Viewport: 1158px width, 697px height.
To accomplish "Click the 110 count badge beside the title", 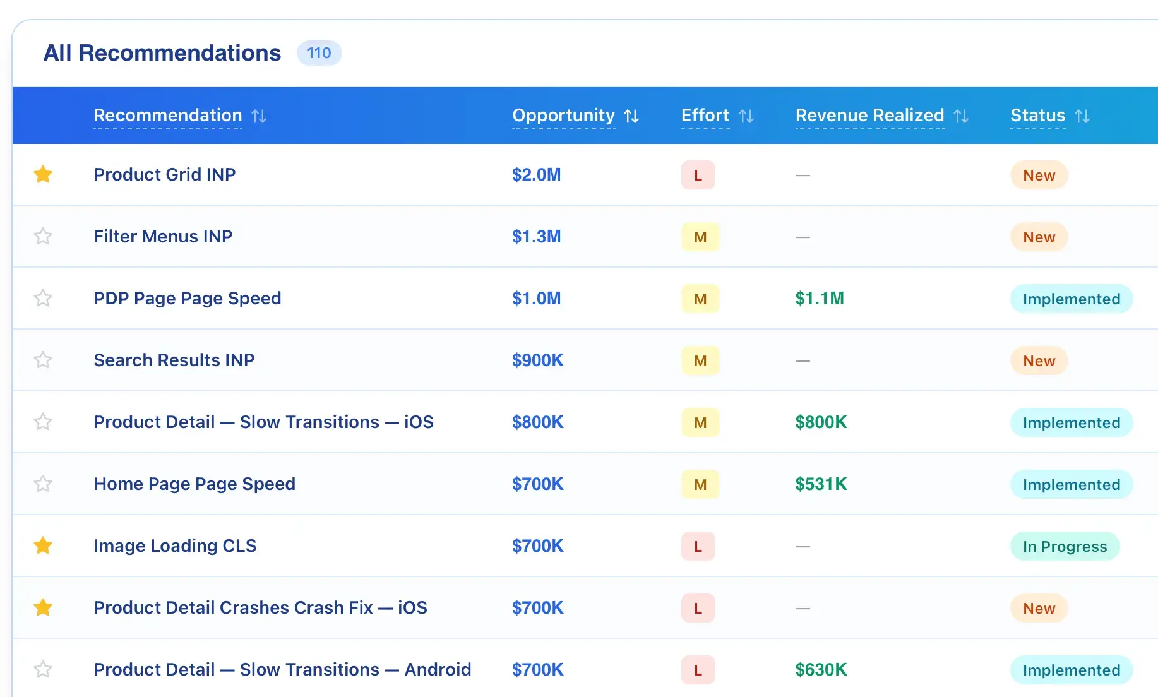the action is [x=319, y=53].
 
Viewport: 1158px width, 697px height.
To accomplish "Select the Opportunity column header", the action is [x=563, y=116].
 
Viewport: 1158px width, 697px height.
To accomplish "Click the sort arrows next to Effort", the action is [x=746, y=116].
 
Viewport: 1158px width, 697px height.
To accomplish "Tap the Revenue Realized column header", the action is [x=869, y=116].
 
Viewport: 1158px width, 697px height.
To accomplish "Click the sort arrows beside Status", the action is [x=1082, y=116].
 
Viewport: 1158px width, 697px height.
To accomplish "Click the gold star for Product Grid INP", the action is [x=43, y=174].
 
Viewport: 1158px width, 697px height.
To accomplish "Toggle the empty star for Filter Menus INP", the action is [x=43, y=236].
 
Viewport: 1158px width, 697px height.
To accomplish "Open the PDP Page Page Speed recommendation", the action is [x=188, y=298].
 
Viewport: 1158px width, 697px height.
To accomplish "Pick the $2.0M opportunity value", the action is [x=536, y=174].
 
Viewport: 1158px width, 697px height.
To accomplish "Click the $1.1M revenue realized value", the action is [x=820, y=298].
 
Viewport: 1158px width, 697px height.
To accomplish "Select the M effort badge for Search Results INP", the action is [x=700, y=360].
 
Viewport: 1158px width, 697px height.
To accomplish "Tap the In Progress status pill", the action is [x=1065, y=546].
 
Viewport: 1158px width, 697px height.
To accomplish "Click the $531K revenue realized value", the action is [x=821, y=484].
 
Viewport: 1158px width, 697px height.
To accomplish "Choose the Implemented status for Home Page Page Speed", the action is [x=1071, y=484].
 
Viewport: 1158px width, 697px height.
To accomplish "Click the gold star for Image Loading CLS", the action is [x=43, y=545].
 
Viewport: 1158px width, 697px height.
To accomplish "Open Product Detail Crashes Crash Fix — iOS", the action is [x=260, y=607].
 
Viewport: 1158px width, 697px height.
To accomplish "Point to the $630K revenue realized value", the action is [x=821, y=669].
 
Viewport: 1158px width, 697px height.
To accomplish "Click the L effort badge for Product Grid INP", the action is [x=698, y=175].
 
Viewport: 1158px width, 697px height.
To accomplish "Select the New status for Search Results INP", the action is [x=1039, y=360].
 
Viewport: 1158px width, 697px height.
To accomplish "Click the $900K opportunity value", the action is [x=537, y=360].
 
